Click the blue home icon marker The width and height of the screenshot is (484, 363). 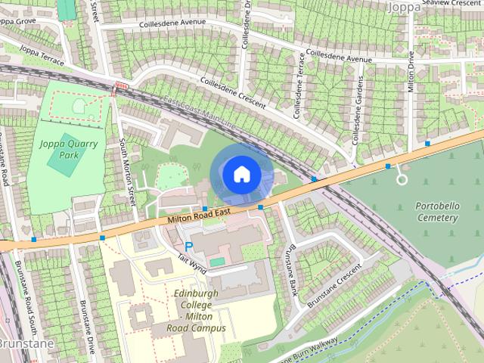(x=240, y=174)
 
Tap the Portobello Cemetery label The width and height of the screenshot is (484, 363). (x=437, y=212)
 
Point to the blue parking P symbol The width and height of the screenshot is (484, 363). (x=188, y=246)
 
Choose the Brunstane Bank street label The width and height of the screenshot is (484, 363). (x=289, y=269)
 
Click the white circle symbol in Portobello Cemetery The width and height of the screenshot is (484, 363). (x=402, y=180)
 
